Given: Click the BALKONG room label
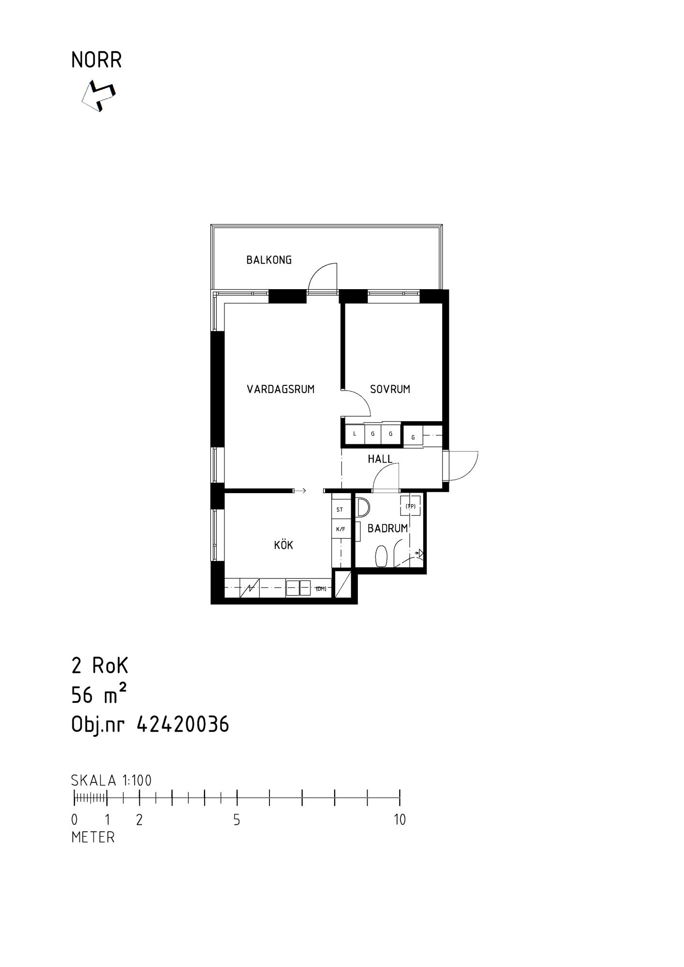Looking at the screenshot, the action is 269,260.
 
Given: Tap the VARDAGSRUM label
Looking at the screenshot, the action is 281,389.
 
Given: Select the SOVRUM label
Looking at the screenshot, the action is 390,389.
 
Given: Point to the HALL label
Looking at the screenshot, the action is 380,459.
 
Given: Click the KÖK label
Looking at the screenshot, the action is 283,545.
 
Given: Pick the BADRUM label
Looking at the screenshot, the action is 387,528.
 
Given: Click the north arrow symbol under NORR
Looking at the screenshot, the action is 99,96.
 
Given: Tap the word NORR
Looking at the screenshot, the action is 96,60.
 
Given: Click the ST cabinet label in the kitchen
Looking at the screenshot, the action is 340,510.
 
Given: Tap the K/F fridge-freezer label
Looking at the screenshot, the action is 341,529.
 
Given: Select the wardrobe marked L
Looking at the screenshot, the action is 355,434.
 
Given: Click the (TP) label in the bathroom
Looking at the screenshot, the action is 410,506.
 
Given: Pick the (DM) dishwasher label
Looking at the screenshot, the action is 321,588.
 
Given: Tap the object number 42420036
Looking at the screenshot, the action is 183,725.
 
